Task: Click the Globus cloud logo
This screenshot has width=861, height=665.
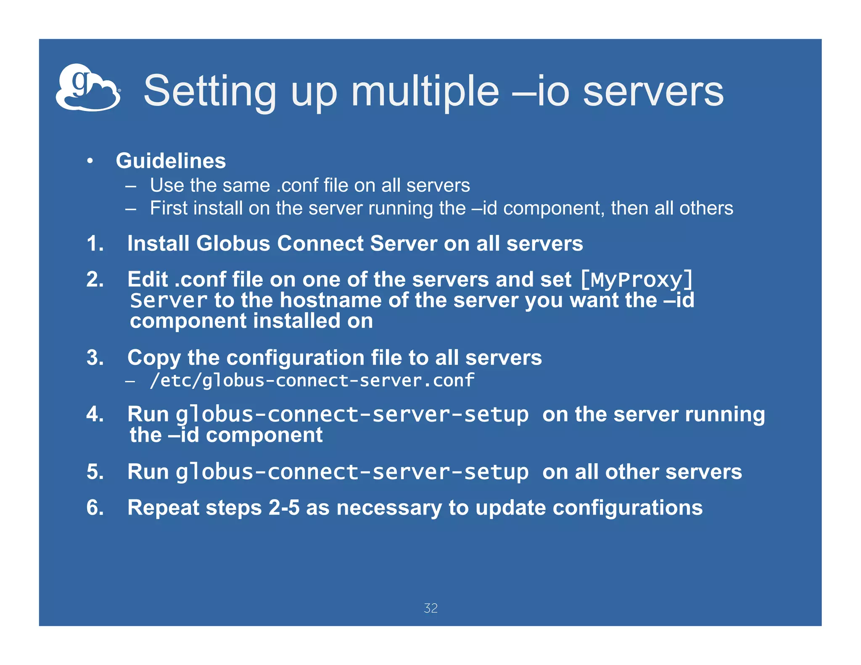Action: coord(88,87)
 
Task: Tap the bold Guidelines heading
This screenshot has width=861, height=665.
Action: coord(171,161)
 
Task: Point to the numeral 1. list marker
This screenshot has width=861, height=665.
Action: coord(95,243)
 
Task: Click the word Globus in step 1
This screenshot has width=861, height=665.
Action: coord(233,243)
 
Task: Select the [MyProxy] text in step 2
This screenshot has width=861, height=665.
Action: coord(636,280)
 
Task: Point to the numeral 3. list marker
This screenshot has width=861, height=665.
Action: coord(95,358)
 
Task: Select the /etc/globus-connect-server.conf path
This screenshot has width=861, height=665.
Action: coord(312,380)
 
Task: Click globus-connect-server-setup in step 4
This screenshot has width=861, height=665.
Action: coord(352,414)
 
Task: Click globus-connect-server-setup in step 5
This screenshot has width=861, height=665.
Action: coord(352,472)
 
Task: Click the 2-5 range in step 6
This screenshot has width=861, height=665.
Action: coord(284,507)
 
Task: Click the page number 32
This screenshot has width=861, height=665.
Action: coord(430,608)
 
